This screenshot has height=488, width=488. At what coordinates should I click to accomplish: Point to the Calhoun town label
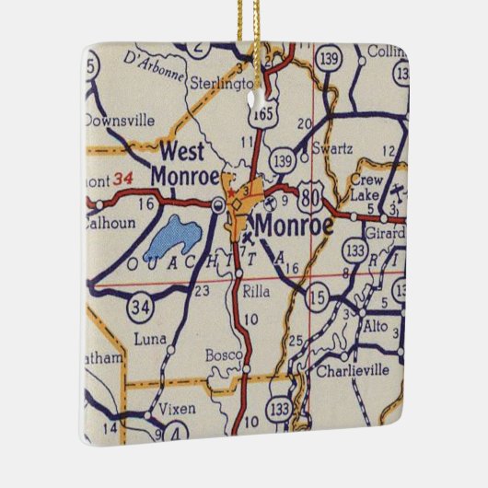(109, 222)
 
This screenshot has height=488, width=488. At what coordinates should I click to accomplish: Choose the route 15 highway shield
(318, 296)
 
